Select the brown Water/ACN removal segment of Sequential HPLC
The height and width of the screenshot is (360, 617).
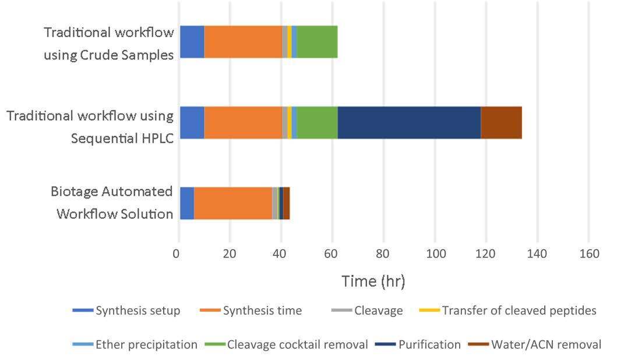[x=501, y=123]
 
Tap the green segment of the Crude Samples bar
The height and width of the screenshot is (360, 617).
[x=317, y=42]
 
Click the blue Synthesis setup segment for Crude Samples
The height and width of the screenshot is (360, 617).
[x=192, y=42]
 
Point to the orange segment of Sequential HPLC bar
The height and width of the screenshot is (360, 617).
[x=243, y=123]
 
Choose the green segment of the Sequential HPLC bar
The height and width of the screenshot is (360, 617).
[x=317, y=123]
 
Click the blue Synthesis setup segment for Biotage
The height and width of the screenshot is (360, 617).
[x=186, y=203]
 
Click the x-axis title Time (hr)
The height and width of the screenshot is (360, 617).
[x=373, y=281]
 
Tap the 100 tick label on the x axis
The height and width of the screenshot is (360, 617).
[x=435, y=254]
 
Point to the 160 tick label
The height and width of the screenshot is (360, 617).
[x=589, y=254]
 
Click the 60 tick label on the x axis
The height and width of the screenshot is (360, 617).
[x=332, y=254]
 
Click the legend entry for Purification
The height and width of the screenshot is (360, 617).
[x=429, y=345]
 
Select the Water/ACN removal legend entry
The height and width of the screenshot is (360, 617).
[x=546, y=345]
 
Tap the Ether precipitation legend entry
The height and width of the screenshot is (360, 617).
[x=146, y=345]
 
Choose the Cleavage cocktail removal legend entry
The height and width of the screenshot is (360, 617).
[x=297, y=345]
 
